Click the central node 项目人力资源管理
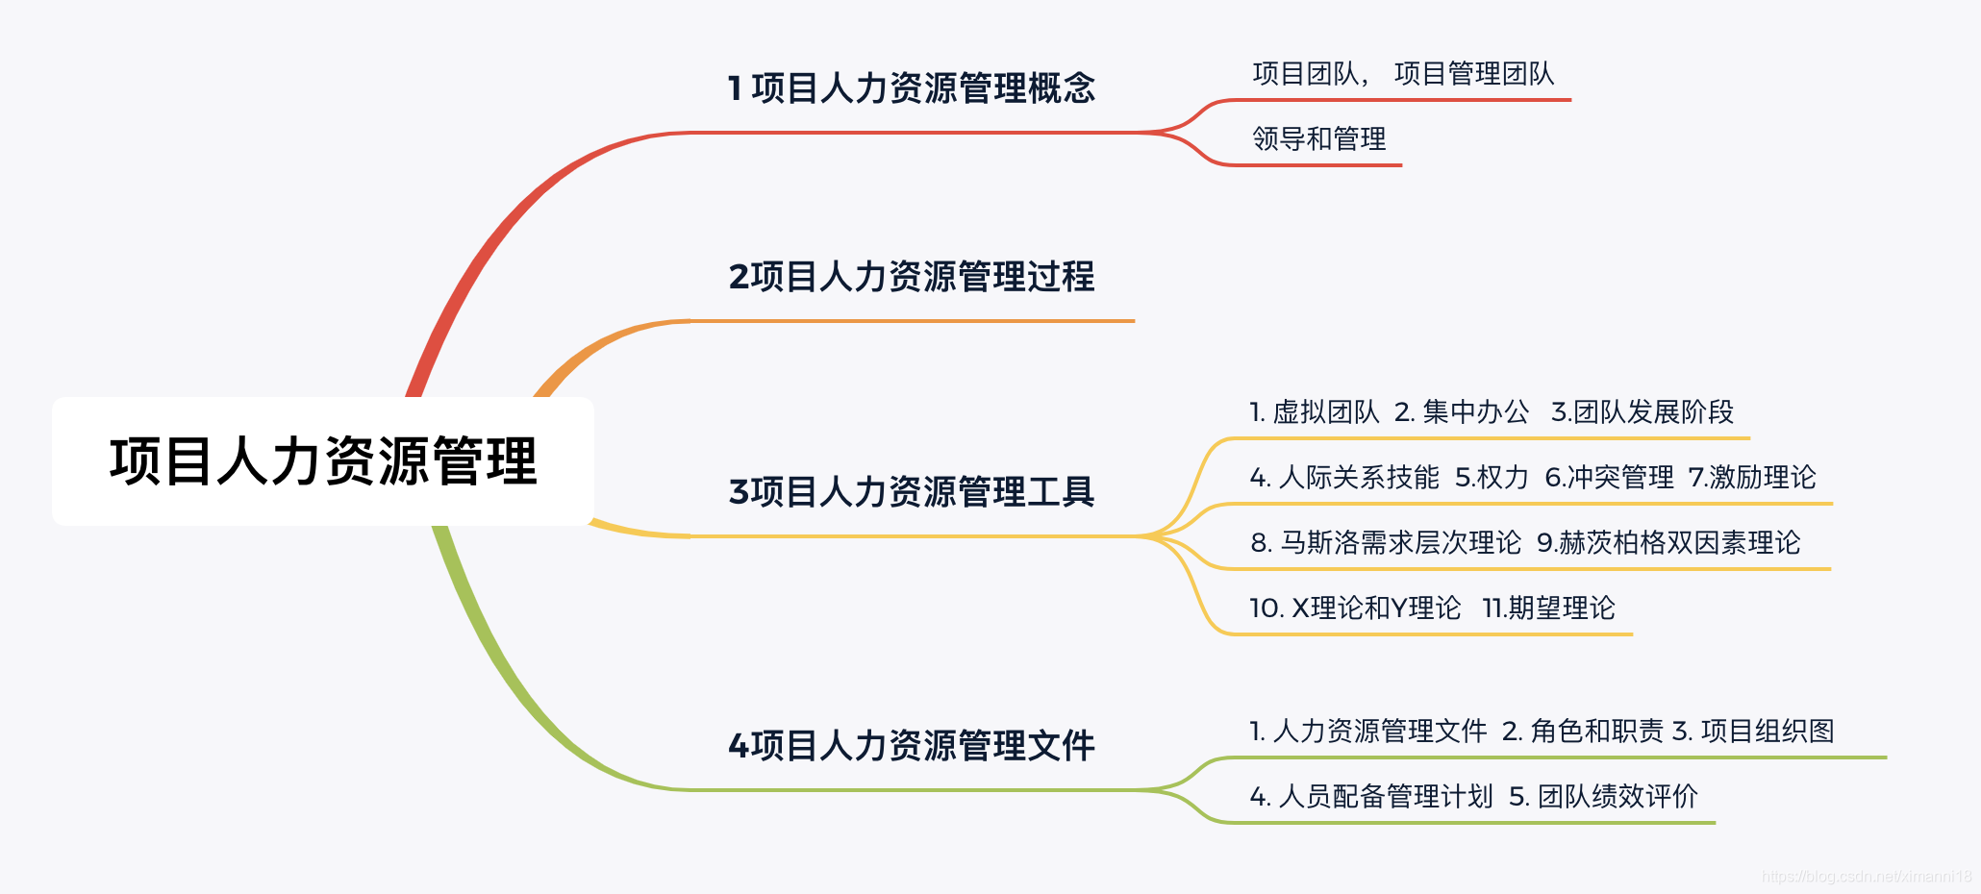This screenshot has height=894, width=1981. (323, 461)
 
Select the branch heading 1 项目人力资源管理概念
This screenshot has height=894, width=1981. (912, 88)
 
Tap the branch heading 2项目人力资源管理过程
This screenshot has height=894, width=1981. (912, 277)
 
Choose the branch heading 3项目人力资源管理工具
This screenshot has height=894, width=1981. (912, 492)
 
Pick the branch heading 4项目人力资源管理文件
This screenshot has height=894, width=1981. (912, 746)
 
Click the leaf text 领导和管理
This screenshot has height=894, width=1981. (1318, 139)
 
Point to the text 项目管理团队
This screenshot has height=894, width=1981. (1473, 74)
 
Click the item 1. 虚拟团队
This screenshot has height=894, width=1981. (1314, 412)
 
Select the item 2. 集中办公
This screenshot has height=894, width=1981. (1461, 412)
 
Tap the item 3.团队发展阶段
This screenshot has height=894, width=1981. (1642, 412)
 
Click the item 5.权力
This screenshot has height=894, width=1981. (1491, 478)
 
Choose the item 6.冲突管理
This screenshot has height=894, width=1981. (1608, 478)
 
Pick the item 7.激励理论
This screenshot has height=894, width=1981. (1752, 478)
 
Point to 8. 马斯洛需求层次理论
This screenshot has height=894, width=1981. (1386, 543)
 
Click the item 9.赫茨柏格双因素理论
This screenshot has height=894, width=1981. (1668, 543)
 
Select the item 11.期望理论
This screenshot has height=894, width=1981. (1548, 608)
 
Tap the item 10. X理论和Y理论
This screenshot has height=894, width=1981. (1354, 608)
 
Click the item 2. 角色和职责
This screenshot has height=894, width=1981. (1582, 732)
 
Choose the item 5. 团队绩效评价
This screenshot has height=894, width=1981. (1603, 797)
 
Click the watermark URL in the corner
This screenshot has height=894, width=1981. (1866, 877)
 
